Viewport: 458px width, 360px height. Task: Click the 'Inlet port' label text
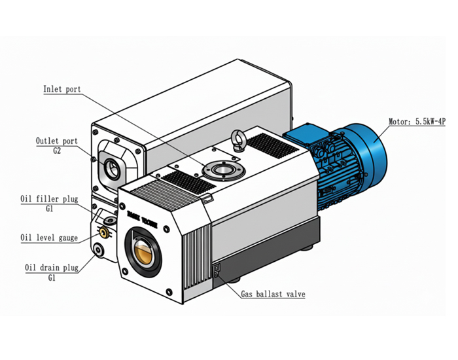tap(62, 89)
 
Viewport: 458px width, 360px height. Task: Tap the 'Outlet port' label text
tap(57, 141)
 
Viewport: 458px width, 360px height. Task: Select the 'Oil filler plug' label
tap(49, 199)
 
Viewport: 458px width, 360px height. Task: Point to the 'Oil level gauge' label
tap(49, 238)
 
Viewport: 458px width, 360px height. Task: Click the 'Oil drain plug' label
tap(52, 268)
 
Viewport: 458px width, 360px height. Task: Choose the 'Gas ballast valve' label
tap(273, 294)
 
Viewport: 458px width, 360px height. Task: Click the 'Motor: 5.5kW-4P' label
tap(417, 121)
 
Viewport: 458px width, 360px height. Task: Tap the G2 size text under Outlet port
tap(57, 151)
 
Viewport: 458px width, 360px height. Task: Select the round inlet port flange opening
tap(224, 170)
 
